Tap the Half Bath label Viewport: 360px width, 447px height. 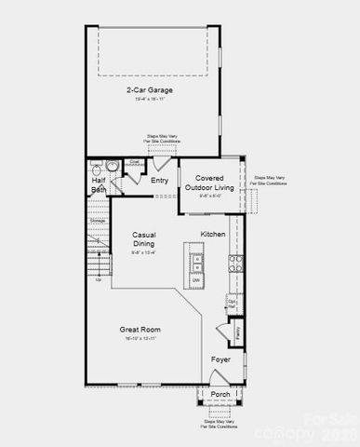pyautogui.click(x=99, y=184)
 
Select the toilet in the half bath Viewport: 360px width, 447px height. pyautogui.click(x=113, y=166)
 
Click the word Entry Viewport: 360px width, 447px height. pyautogui.click(x=160, y=180)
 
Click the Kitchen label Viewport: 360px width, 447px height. pyautogui.click(x=213, y=234)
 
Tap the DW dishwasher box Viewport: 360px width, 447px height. pyautogui.click(x=196, y=279)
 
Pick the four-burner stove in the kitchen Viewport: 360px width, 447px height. pyautogui.click(x=236, y=263)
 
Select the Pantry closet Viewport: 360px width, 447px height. pyautogui.click(x=237, y=330)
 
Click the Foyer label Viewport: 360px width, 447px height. pyautogui.click(x=220, y=359)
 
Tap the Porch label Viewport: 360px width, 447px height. pyautogui.click(x=220, y=394)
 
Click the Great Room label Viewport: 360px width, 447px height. pyautogui.click(x=141, y=329)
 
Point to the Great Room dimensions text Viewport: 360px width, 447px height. pyautogui.click(x=141, y=339)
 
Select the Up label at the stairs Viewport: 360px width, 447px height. pyautogui.click(x=98, y=279)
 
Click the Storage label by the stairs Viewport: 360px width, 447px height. pyautogui.click(x=97, y=221)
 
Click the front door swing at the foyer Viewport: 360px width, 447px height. pyautogui.click(x=216, y=377)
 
